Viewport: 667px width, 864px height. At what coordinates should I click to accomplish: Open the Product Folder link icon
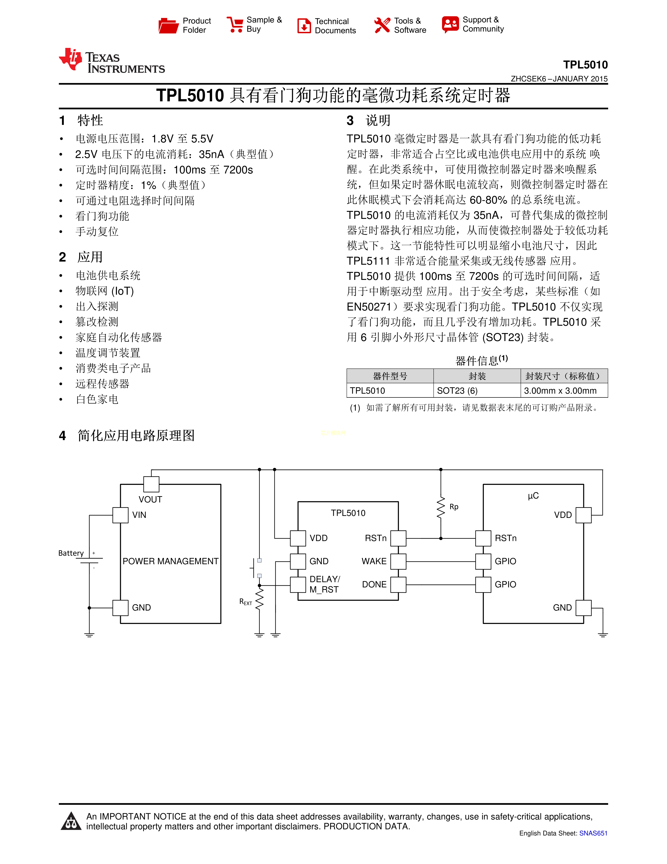(168, 25)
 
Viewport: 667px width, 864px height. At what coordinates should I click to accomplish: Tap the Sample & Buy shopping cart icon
(235, 25)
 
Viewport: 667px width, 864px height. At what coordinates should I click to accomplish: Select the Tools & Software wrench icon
(382, 25)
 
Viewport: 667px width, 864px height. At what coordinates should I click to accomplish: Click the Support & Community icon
(450, 25)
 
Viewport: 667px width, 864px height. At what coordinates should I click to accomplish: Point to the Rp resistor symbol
(441, 507)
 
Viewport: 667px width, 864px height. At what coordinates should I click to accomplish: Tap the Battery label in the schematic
(71, 553)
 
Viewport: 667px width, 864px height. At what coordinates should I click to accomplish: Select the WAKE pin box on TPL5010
(398, 561)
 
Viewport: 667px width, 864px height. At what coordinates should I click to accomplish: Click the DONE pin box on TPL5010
(398, 584)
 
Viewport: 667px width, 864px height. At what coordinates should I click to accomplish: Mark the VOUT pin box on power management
(151, 484)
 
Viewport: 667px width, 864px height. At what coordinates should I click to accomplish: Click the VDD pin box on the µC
(583, 515)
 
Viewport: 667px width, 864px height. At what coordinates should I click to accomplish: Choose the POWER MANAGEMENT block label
(170, 561)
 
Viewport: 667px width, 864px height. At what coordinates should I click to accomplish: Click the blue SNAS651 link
(593, 833)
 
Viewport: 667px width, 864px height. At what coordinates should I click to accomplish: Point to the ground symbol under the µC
(603, 635)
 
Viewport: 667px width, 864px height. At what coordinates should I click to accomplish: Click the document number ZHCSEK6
(528, 79)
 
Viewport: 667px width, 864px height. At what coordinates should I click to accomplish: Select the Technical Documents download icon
(304, 26)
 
